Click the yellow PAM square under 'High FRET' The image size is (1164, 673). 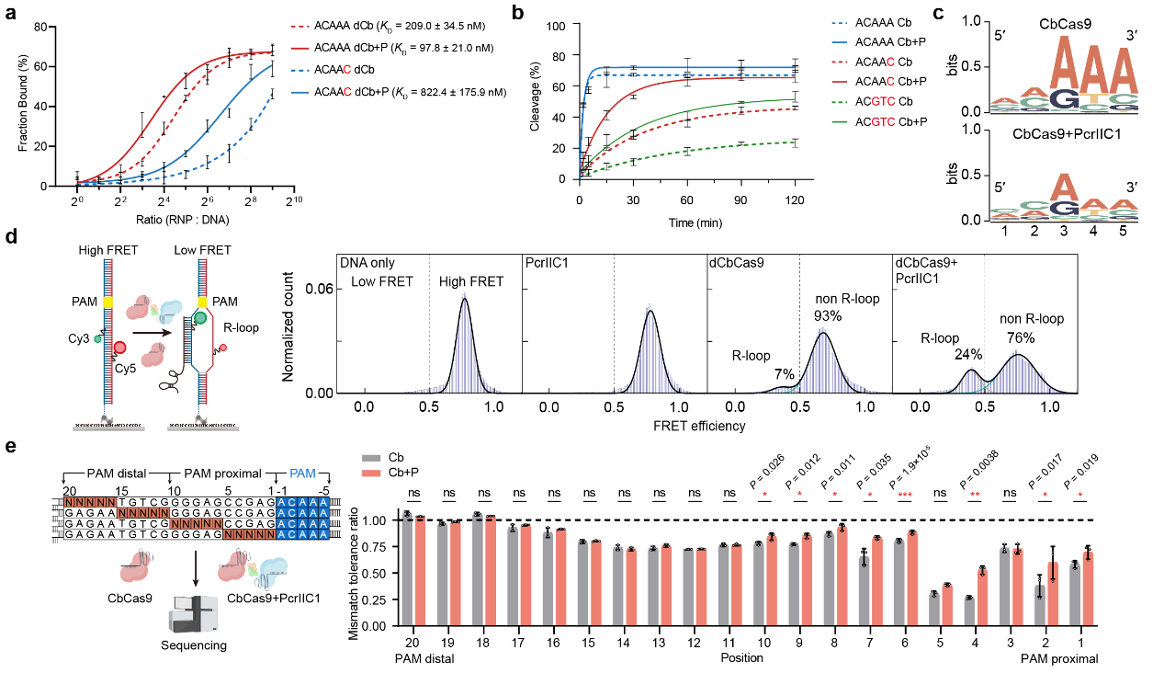108,300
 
